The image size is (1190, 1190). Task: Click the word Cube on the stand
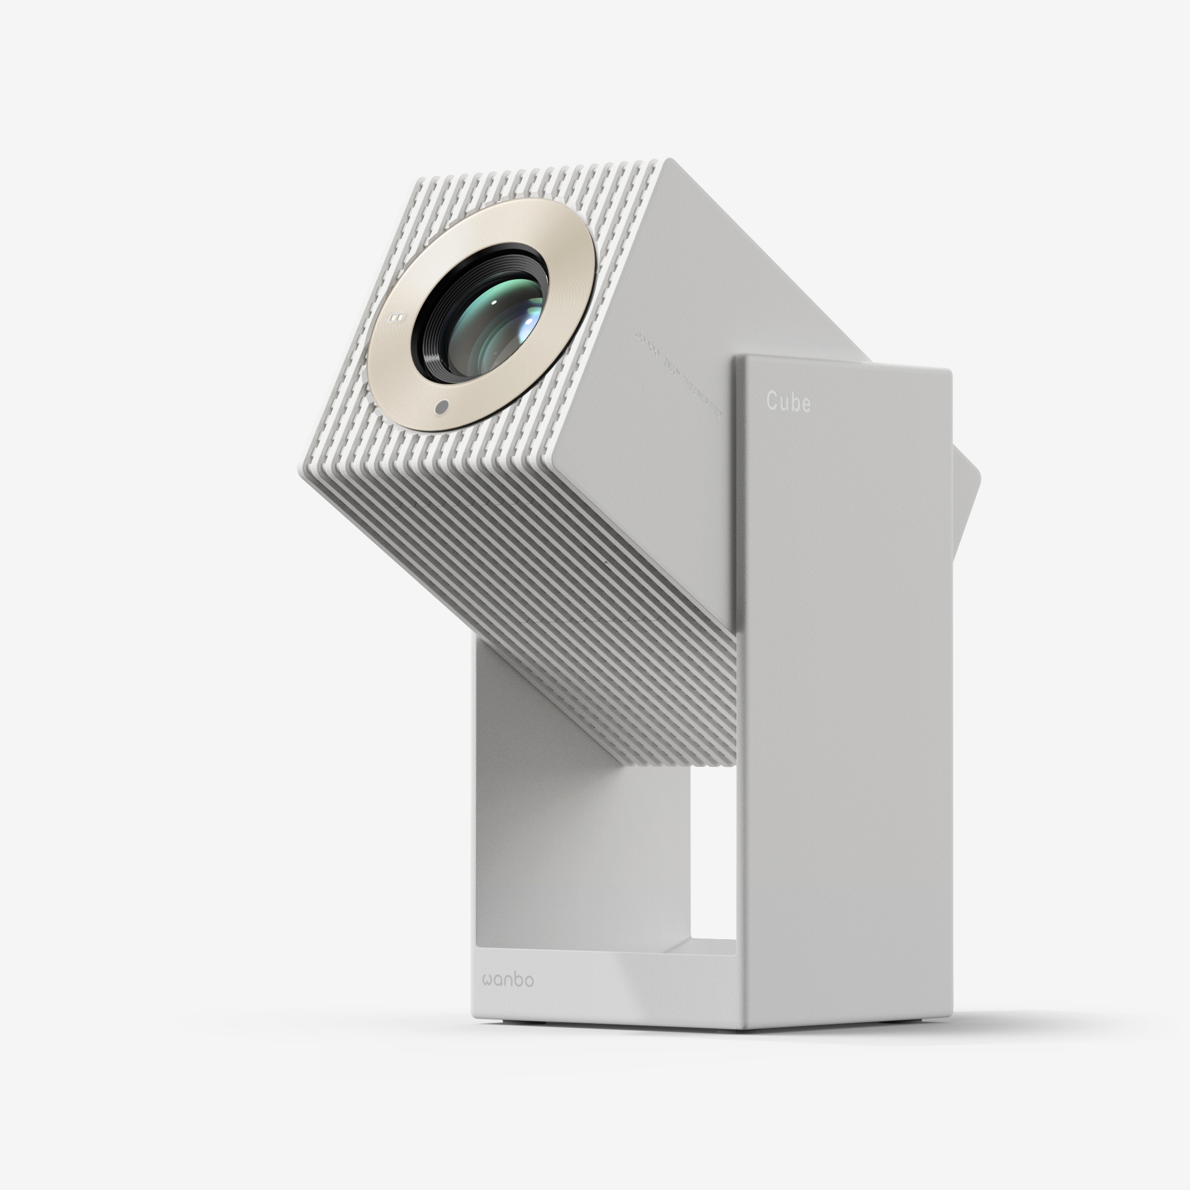pos(788,402)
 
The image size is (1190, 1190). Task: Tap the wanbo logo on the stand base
pos(508,980)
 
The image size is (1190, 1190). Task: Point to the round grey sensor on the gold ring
pos(441,407)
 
